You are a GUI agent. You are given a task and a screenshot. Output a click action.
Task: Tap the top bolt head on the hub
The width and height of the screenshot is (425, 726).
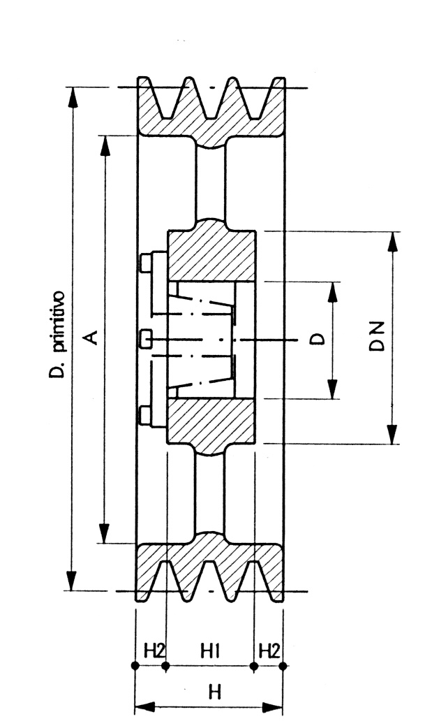click(145, 263)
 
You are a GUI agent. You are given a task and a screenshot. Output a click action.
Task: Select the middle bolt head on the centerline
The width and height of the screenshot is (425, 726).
click(145, 339)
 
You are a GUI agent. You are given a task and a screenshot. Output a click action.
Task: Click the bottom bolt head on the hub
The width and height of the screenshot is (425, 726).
click(145, 415)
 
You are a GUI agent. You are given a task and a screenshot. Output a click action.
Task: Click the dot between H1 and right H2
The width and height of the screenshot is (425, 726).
click(254, 667)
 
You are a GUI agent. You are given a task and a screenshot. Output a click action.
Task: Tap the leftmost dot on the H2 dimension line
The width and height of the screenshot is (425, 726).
click(135, 667)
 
